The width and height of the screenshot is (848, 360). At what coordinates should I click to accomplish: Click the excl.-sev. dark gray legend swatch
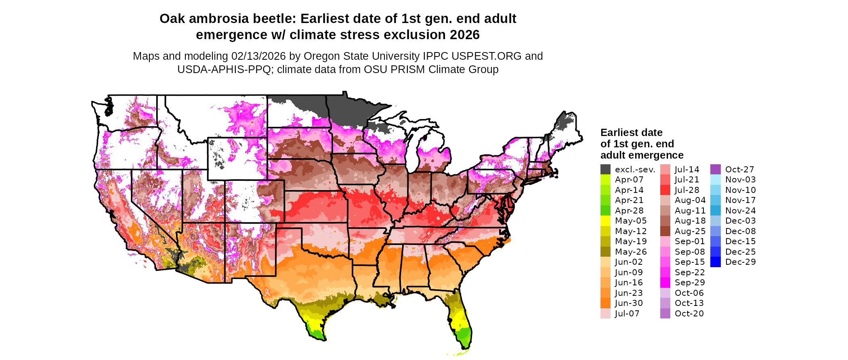point(605,170)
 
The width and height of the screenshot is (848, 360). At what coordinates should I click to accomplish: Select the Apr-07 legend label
point(629,180)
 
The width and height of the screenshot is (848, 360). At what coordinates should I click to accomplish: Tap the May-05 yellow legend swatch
point(605,221)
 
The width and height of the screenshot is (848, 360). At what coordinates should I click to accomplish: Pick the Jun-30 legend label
point(629,303)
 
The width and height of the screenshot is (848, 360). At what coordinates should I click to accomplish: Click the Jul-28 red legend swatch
point(665,190)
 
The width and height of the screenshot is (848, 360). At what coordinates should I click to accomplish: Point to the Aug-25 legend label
point(690,231)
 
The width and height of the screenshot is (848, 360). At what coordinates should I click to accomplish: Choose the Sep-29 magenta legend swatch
point(665,283)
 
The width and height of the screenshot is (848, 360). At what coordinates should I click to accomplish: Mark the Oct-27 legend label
point(739,170)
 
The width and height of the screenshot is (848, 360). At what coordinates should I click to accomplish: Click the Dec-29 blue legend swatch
point(715,262)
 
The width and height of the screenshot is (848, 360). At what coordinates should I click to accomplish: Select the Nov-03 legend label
point(740,180)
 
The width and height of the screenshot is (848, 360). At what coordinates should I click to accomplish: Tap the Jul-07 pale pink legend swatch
point(605,314)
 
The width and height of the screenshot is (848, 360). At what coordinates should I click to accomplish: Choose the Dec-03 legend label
point(740,221)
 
